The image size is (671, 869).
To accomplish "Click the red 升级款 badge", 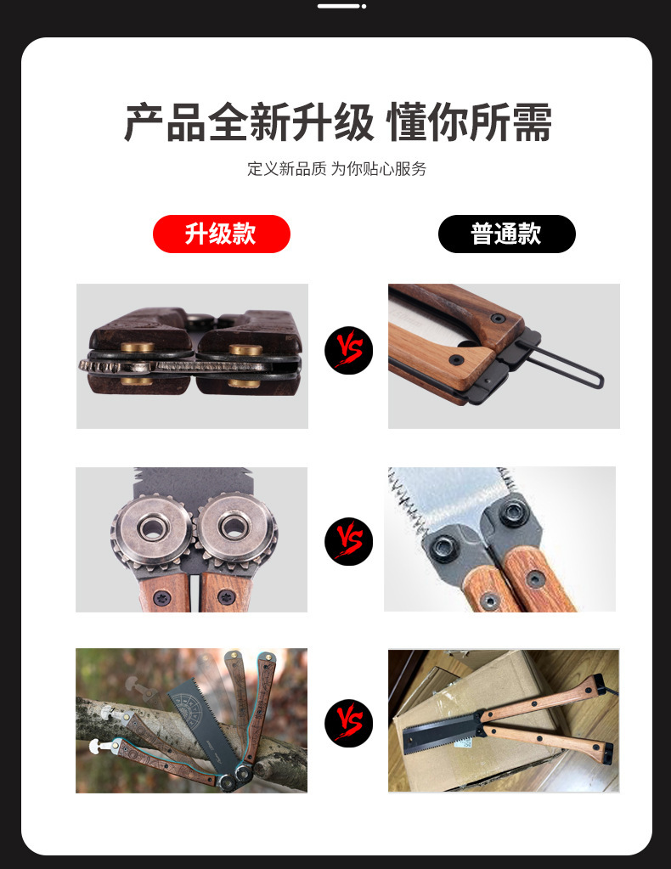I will [221, 234].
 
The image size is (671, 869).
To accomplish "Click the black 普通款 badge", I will [506, 234].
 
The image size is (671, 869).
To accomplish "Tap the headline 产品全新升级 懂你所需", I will [338, 123].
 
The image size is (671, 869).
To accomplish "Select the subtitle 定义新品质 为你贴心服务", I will [336, 168].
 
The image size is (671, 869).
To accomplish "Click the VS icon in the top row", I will [348, 350].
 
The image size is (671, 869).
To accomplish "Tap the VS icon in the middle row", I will [348, 541].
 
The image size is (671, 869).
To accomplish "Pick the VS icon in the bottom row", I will [348, 723].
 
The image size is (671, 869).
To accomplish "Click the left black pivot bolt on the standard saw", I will [447, 543].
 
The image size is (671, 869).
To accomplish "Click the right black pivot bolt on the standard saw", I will [512, 515].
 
